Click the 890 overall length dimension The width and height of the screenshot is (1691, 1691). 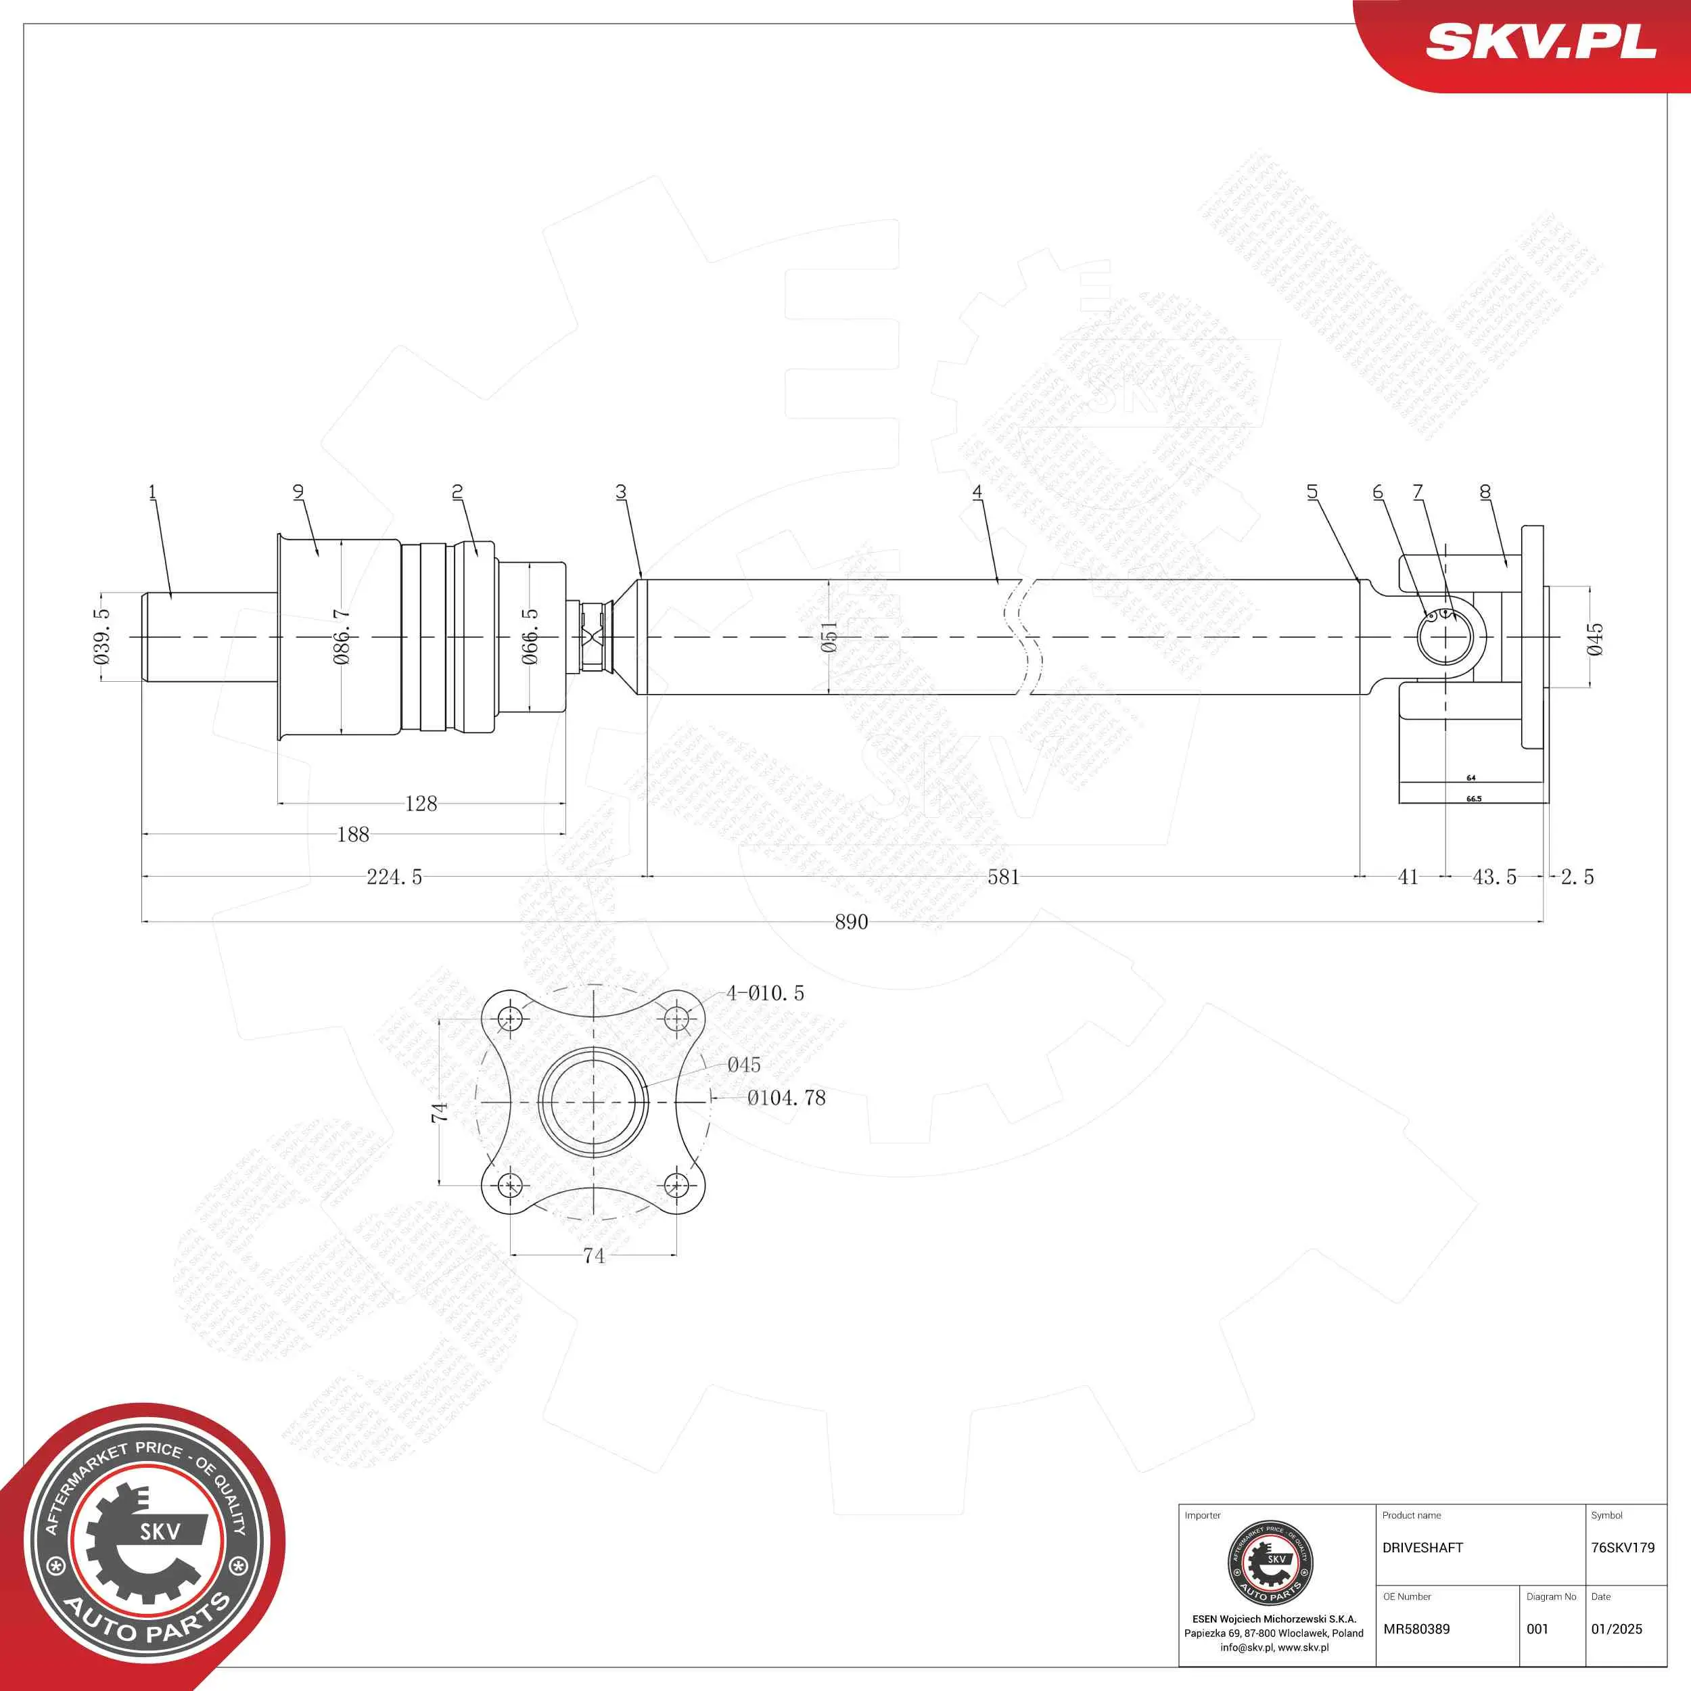pyautogui.click(x=851, y=922)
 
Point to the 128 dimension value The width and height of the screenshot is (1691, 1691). pyautogui.click(x=421, y=804)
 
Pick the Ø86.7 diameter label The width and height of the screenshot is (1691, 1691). pyautogui.click(x=342, y=637)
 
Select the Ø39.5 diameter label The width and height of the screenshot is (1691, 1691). pyautogui.click(x=102, y=637)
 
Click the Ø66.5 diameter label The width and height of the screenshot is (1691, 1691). pyautogui.click(x=530, y=637)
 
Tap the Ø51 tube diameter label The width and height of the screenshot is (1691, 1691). pyautogui.click(x=829, y=636)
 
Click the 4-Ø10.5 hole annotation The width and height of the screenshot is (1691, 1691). pyautogui.click(x=765, y=992)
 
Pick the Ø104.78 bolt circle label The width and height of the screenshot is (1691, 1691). pyautogui.click(x=786, y=1098)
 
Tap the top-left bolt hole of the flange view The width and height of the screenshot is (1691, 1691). pyautogui.click(x=510, y=1018)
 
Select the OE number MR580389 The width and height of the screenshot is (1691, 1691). pyautogui.click(x=1416, y=1629)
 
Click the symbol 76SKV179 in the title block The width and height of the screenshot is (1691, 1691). pyautogui.click(x=1623, y=1548)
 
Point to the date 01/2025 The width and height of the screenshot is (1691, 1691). pyautogui.click(x=1617, y=1629)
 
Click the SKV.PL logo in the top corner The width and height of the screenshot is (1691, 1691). pyautogui.click(x=1540, y=42)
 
